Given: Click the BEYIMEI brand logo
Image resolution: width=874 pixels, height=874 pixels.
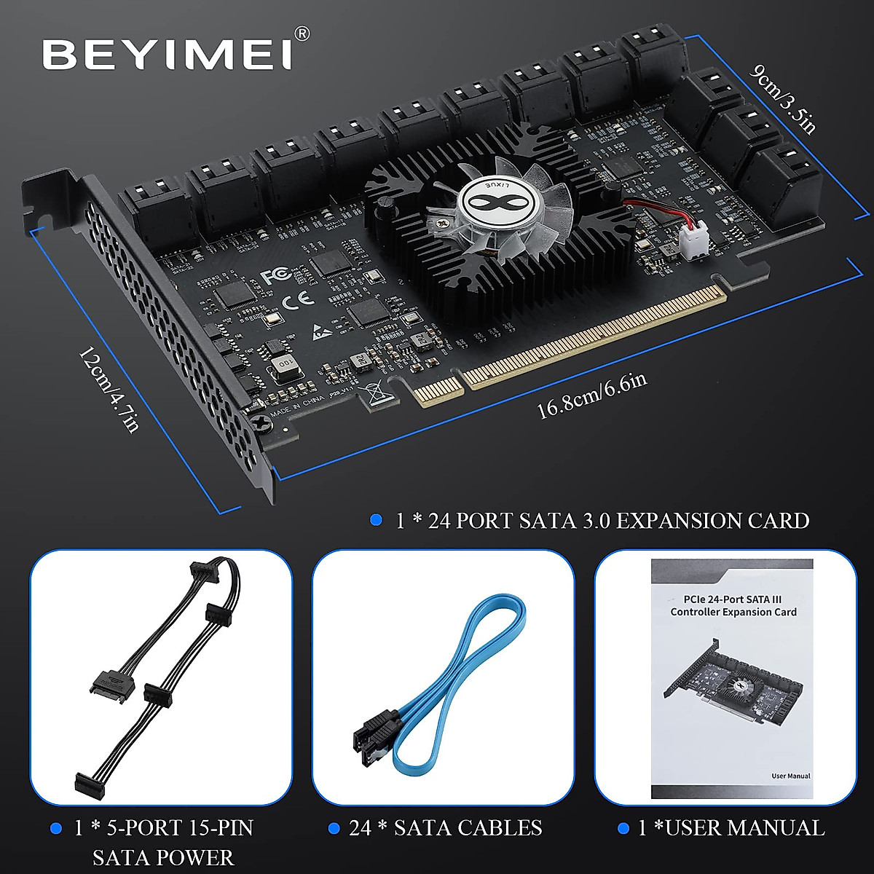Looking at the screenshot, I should [x=167, y=54].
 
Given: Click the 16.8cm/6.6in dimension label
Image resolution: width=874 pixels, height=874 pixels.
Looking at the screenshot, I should [x=591, y=397].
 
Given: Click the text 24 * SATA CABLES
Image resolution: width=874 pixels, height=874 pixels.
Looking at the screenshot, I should [x=445, y=827].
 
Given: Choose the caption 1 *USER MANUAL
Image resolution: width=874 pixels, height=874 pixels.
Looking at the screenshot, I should [x=731, y=827].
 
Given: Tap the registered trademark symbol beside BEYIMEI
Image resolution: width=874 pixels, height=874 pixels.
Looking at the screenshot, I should [x=303, y=34].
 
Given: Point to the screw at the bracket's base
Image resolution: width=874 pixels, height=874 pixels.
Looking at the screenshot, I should [x=259, y=422].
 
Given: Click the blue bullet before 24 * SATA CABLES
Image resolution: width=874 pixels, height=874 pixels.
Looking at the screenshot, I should [x=334, y=828].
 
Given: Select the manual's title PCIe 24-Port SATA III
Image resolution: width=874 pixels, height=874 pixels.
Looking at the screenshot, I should [x=733, y=597].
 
